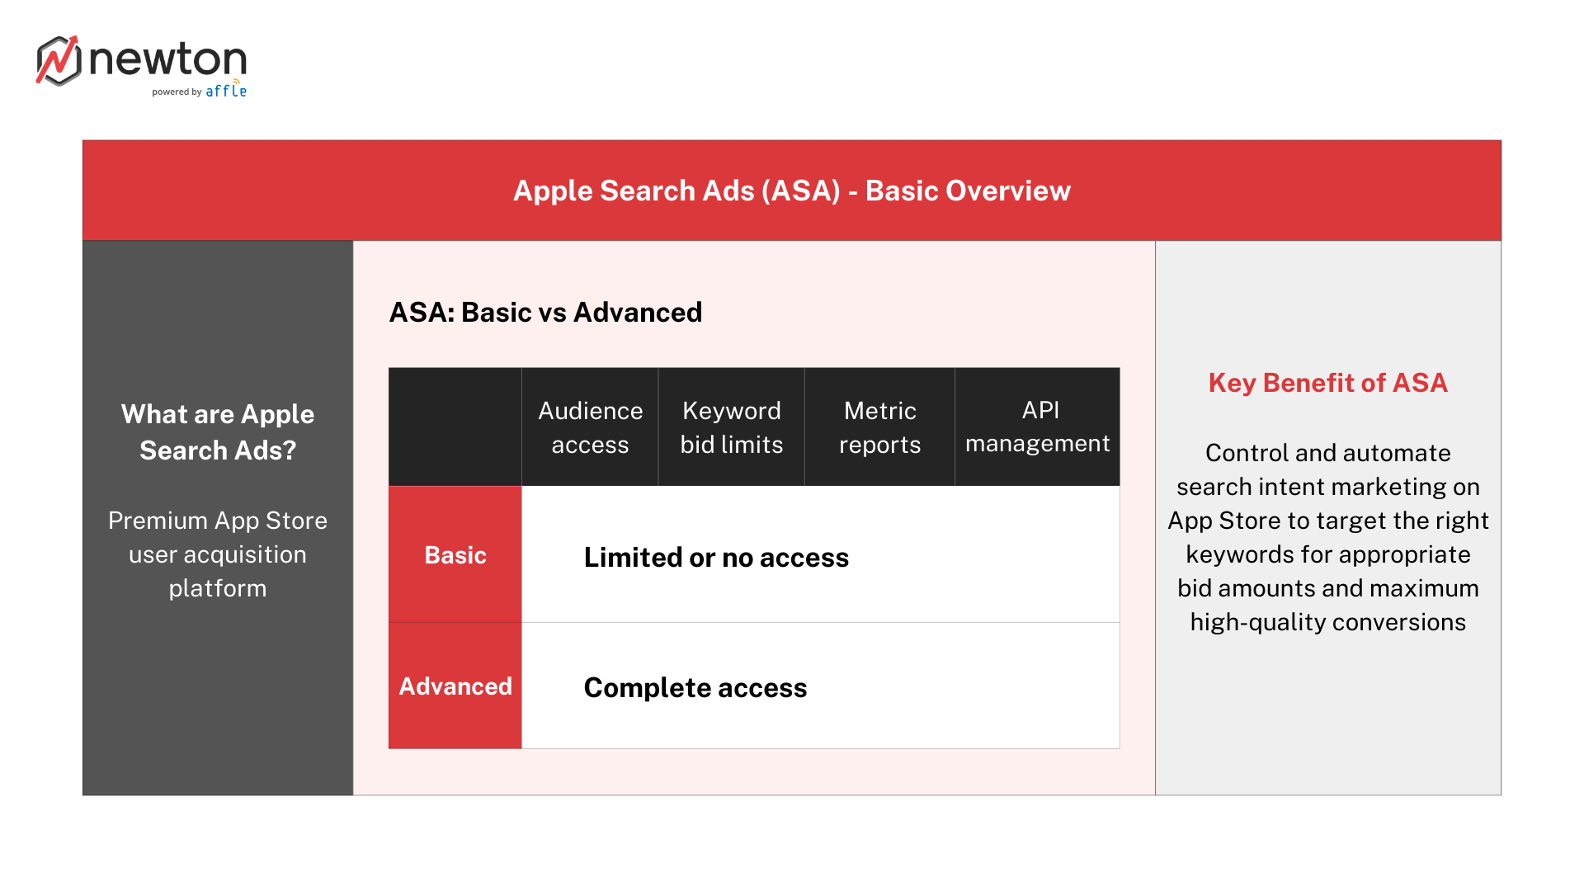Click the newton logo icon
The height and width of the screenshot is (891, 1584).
click(58, 60)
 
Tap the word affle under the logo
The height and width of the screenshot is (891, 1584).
click(226, 91)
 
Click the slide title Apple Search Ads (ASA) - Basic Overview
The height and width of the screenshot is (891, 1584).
click(791, 191)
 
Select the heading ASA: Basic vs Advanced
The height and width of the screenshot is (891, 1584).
click(545, 312)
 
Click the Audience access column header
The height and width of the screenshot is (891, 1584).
click(590, 427)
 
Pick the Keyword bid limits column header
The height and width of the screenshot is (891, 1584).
click(731, 427)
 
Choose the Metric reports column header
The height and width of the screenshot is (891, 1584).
click(879, 427)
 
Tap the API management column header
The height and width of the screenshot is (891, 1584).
click(1037, 427)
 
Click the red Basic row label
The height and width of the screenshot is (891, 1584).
click(455, 555)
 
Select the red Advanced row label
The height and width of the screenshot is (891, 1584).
click(455, 686)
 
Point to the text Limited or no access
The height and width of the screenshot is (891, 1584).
click(716, 558)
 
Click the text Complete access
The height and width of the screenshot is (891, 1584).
click(695, 688)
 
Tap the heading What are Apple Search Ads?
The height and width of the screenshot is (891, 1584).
click(218, 431)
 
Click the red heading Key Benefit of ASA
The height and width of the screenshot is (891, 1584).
click(1327, 383)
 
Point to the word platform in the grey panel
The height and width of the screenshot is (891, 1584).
click(218, 588)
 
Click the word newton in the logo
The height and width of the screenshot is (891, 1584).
click(167, 59)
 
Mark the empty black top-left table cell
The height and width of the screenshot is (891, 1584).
click(455, 427)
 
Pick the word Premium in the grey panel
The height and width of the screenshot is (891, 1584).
click(158, 521)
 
